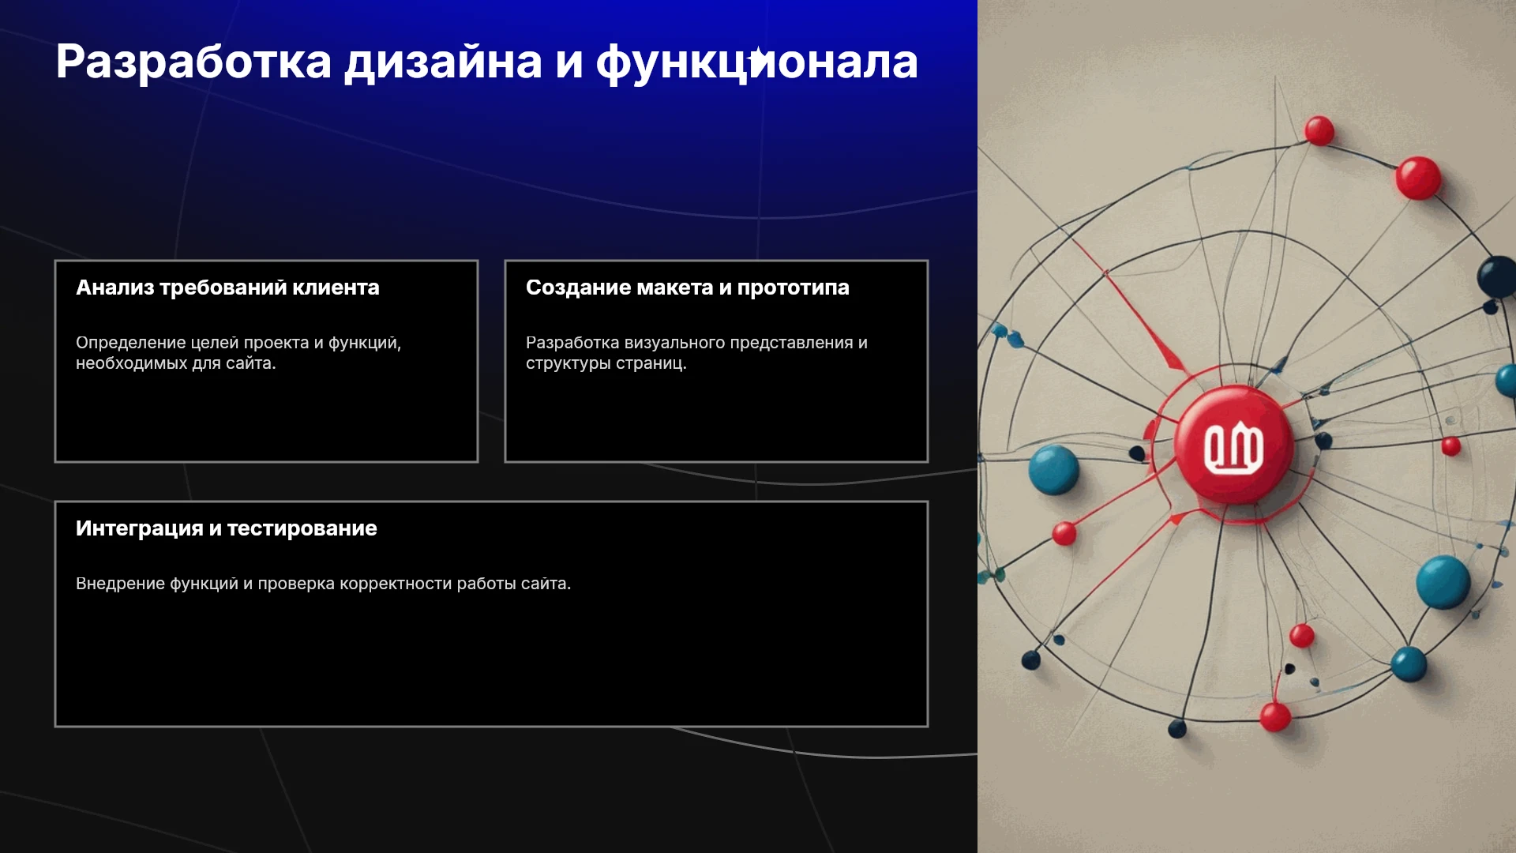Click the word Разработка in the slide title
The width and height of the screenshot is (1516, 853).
[x=193, y=62]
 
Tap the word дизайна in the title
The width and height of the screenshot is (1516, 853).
[x=443, y=62]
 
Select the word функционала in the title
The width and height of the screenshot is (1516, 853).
[x=756, y=62]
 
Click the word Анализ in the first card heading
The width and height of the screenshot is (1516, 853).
[x=114, y=287]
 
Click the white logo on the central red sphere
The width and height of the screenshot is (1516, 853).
[x=1233, y=448]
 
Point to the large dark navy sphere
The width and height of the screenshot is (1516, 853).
[x=1497, y=277]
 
